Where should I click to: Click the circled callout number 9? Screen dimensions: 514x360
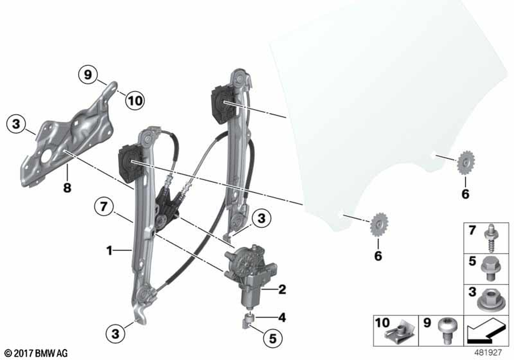pos(88,75)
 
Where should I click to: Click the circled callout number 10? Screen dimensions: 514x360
pos(135,100)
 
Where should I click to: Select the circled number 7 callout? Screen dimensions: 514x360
pos(104,207)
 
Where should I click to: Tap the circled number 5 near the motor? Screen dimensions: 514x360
pos(273,338)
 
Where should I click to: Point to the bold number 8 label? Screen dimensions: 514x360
pos(67,188)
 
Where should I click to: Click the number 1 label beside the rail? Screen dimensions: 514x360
pos(109,251)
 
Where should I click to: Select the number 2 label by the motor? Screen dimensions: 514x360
pos(282,290)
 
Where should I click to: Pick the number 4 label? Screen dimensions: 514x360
pos(282,317)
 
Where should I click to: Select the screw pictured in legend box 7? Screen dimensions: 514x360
pos(491,238)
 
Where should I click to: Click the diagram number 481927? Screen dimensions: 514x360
pos(488,352)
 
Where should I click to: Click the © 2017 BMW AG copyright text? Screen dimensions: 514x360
pos(36,353)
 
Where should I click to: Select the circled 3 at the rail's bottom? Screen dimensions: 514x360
pos(115,334)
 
